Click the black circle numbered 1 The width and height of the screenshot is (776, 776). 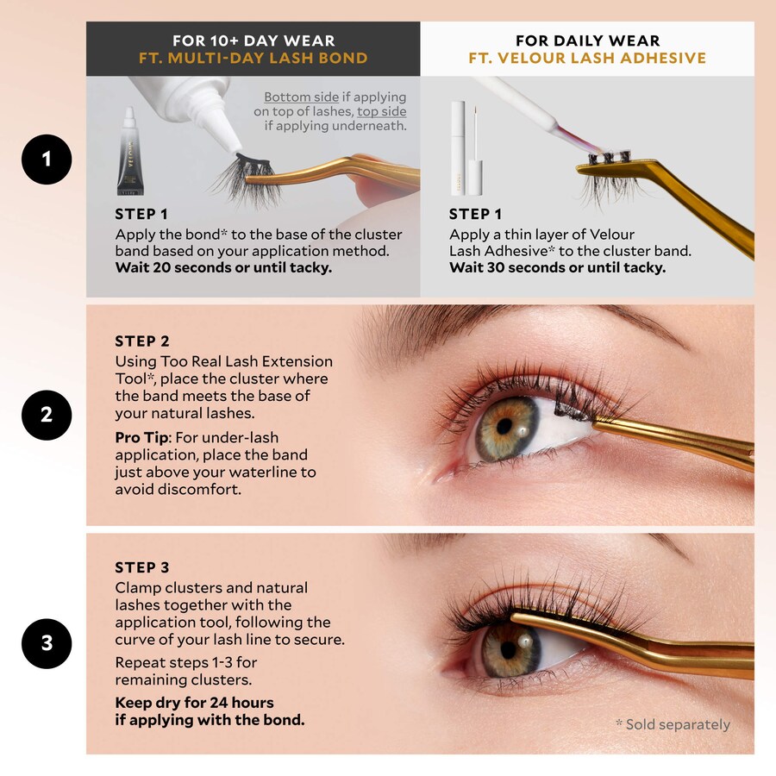pyautogui.click(x=47, y=160)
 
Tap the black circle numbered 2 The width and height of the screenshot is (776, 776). pyautogui.click(x=47, y=415)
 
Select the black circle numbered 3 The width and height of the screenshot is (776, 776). pyautogui.click(x=47, y=643)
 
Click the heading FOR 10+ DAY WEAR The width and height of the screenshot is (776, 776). pyautogui.click(x=253, y=41)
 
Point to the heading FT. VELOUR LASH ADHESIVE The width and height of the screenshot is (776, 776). pyautogui.click(x=587, y=58)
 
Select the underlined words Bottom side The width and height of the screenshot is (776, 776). pyautogui.click(x=302, y=97)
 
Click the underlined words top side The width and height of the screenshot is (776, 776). pyautogui.click(x=382, y=111)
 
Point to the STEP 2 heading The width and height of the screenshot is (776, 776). pyautogui.click(x=142, y=341)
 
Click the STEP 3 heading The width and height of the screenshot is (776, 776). pyautogui.click(x=142, y=567)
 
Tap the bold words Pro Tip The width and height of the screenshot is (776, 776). pyautogui.click(x=142, y=438)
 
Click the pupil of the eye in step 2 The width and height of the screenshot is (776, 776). pyautogui.click(x=504, y=426)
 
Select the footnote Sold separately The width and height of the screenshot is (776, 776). pyautogui.click(x=673, y=724)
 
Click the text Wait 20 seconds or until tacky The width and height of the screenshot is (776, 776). pyautogui.click(x=223, y=268)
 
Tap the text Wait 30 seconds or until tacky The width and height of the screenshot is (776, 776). pyautogui.click(x=557, y=268)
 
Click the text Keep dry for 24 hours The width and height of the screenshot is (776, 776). pyautogui.click(x=195, y=703)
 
